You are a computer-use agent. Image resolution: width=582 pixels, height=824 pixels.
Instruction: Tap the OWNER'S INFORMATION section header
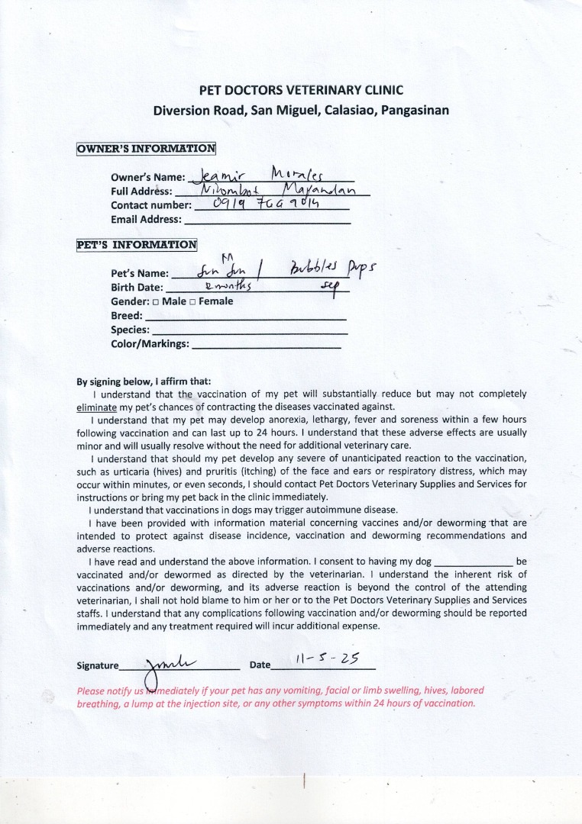[x=146, y=148]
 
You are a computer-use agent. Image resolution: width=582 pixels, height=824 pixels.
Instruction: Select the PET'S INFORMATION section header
[x=137, y=245]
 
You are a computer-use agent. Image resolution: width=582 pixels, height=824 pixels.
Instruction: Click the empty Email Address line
[x=267, y=220]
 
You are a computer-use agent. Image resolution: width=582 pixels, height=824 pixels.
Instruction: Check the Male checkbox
[x=156, y=302]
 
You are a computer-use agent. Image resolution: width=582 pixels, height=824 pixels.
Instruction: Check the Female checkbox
[x=193, y=302]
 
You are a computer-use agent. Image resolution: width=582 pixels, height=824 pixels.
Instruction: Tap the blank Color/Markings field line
[x=266, y=345]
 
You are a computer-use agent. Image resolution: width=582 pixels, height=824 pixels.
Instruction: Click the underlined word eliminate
[x=97, y=407]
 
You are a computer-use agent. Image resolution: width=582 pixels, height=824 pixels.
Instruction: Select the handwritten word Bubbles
[x=311, y=271]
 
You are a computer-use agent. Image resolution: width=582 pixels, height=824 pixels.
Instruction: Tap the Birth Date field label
[x=137, y=288]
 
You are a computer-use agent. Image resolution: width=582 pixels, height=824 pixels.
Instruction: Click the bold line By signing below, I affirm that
[x=144, y=381]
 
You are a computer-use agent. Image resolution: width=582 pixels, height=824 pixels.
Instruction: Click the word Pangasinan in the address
[x=415, y=110]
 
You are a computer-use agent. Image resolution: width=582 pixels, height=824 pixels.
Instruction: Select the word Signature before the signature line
[x=99, y=665]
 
